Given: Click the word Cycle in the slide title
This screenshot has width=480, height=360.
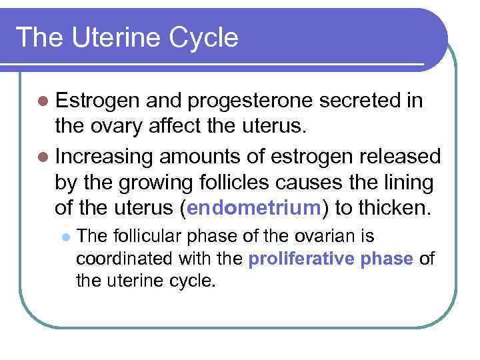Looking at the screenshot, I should point(204,37).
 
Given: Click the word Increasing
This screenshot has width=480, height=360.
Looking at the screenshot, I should point(105,157).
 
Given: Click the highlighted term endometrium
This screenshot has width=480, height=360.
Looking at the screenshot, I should point(255,207).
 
